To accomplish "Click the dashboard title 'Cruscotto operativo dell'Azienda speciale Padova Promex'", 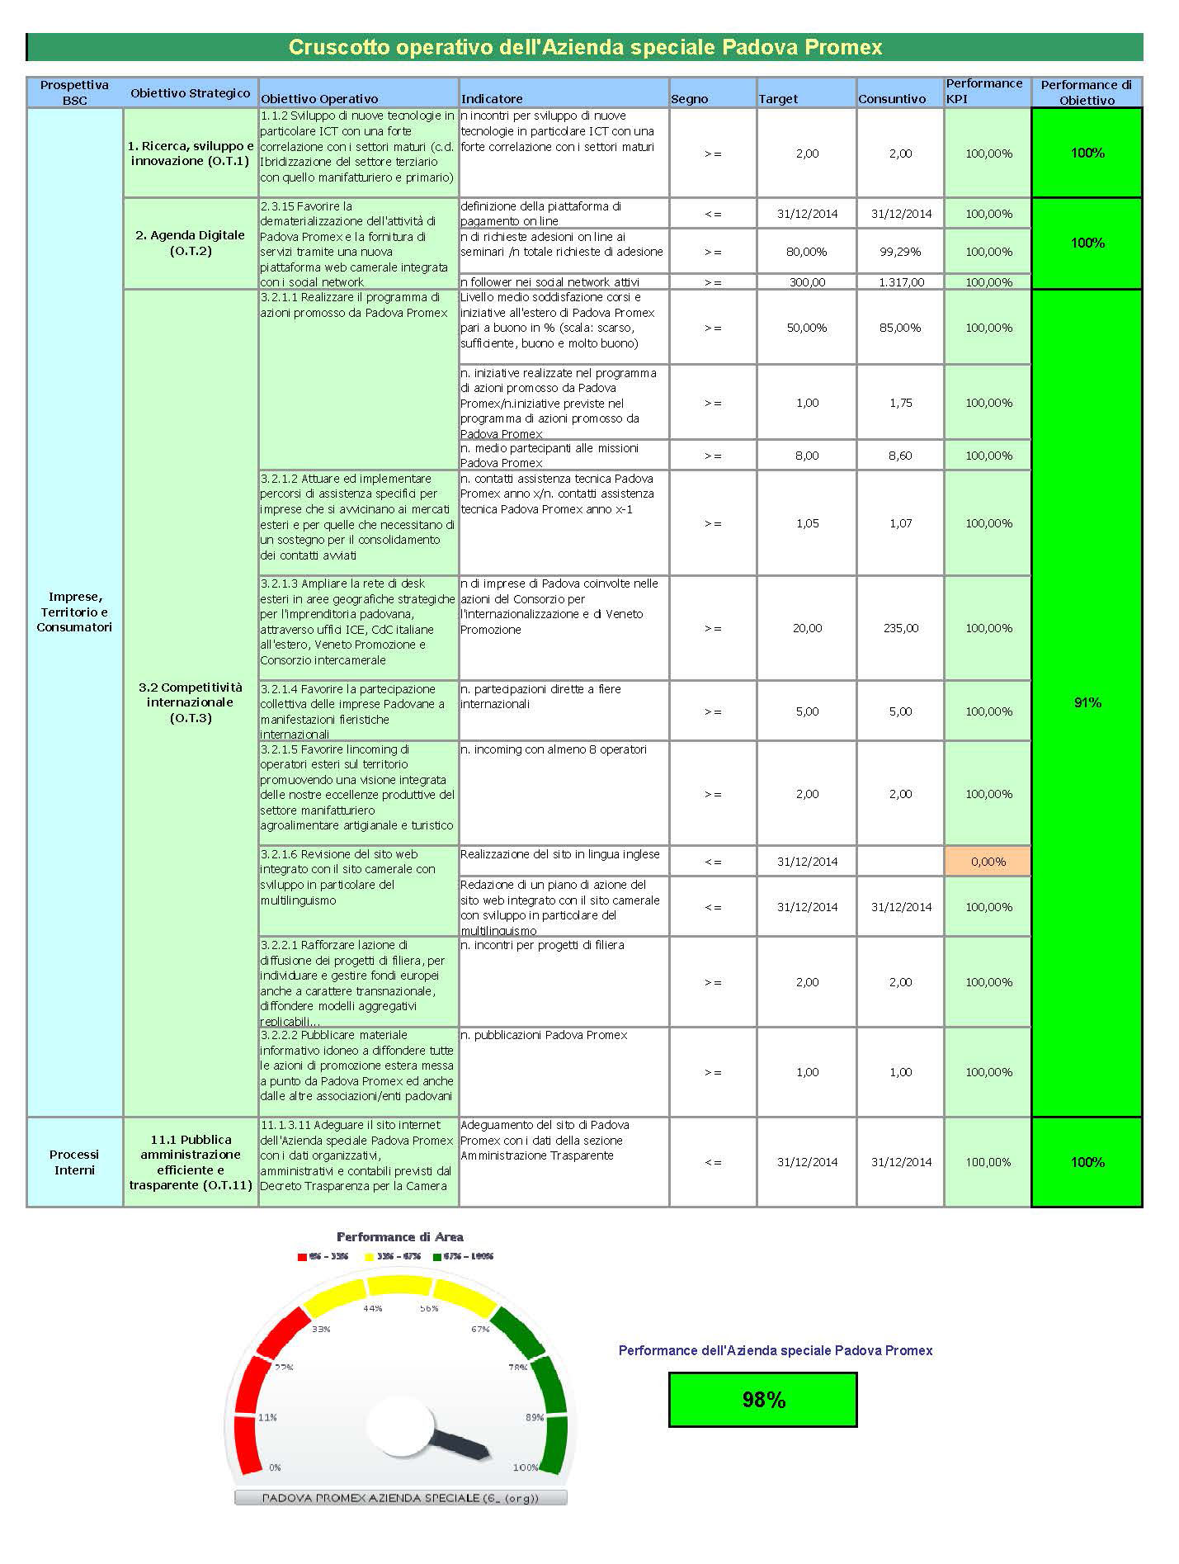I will pyautogui.click(x=585, y=47).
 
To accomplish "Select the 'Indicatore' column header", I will pyautogui.click(x=492, y=99).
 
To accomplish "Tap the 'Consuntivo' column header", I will pyautogui.click(x=892, y=99).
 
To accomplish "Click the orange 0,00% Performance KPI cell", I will pyautogui.click(x=988, y=862).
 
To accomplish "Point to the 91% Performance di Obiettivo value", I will pyautogui.click(x=1087, y=702).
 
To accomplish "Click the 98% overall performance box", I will pyautogui.click(x=763, y=1399).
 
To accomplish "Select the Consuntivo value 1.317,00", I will pyautogui.click(x=901, y=282).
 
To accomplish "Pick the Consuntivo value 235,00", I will pyautogui.click(x=901, y=628).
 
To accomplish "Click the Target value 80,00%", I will pyautogui.click(x=807, y=252).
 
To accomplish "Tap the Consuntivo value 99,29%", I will pyautogui.click(x=901, y=252).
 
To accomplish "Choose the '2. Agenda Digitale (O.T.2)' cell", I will pyautogui.click(x=191, y=243).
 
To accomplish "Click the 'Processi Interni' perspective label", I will pyautogui.click(x=74, y=1162).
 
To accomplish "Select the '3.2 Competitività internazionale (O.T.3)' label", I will pyautogui.click(x=191, y=702).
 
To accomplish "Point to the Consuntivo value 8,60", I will pyautogui.click(x=901, y=456).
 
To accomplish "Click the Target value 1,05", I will pyautogui.click(x=807, y=523).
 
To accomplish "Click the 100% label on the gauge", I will pyautogui.click(x=525, y=1467).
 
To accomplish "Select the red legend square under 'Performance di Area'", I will pyautogui.click(x=302, y=1257).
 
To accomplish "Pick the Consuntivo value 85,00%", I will pyautogui.click(x=901, y=328).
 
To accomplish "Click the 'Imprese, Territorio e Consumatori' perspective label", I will pyautogui.click(x=74, y=612).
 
